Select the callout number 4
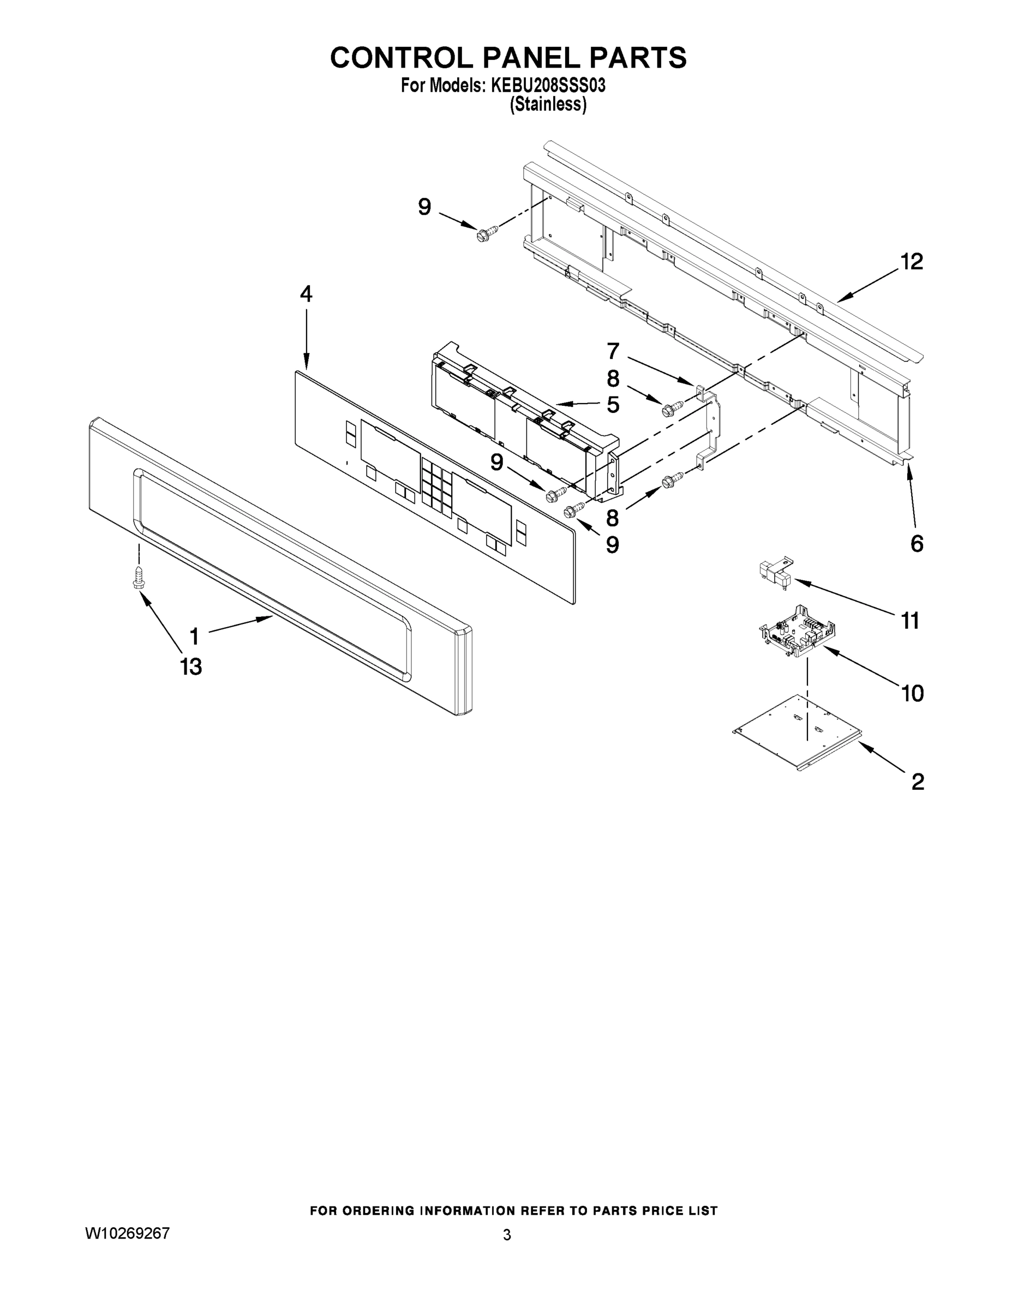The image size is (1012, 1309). tap(306, 295)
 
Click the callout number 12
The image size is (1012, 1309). tap(912, 261)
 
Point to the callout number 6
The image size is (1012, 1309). tap(917, 544)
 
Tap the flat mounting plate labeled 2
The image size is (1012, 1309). tap(798, 732)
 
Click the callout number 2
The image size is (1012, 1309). tap(918, 782)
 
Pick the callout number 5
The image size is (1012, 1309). tap(613, 405)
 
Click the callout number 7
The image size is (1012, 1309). tap(613, 351)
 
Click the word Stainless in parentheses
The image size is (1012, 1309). tap(547, 104)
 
